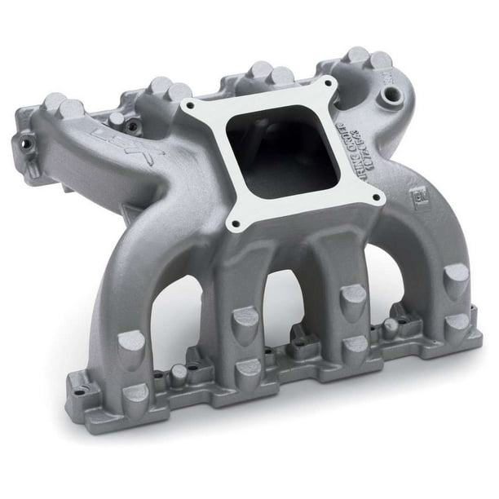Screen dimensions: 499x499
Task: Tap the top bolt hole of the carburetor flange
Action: [x=329, y=83]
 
